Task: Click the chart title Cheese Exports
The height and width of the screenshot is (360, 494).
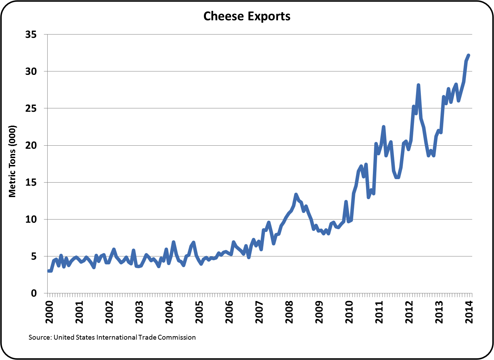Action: click(x=247, y=16)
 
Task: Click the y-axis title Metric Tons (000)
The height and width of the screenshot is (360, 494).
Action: click(x=12, y=161)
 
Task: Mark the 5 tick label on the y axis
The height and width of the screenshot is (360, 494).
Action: click(x=33, y=256)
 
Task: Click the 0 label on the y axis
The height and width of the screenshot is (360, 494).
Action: click(x=33, y=293)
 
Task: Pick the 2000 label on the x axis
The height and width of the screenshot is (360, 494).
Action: click(x=50, y=312)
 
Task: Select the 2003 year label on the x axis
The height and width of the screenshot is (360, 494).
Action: click(x=139, y=312)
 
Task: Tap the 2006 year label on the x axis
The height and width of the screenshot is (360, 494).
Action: click(x=229, y=312)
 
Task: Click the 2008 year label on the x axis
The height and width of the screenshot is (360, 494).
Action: click(x=289, y=312)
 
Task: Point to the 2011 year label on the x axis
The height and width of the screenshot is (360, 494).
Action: click(x=379, y=312)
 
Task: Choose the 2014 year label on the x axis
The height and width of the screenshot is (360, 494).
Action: click(x=469, y=312)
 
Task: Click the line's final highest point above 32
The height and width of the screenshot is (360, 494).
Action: click(x=468, y=55)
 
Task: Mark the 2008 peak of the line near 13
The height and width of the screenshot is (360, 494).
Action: click(x=296, y=194)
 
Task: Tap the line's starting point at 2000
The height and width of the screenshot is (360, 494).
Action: click(x=49, y=271)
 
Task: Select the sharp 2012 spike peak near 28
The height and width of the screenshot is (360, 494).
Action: click(x=418, y=85)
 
